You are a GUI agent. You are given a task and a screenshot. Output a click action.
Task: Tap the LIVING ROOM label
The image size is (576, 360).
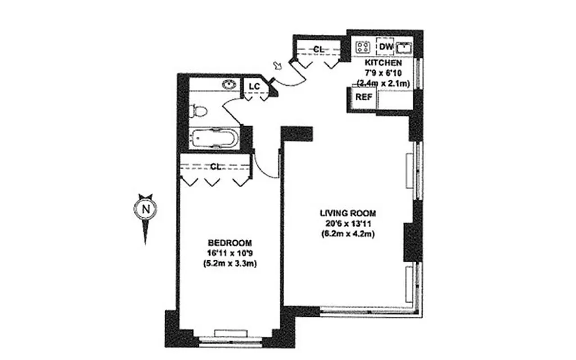tap(347, 213)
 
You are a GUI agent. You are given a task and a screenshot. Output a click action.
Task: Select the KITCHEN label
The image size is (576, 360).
tap(383, 63)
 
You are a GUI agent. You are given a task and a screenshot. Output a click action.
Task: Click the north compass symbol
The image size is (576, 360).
tap(145, 209)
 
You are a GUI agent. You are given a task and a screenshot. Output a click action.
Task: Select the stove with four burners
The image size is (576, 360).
tap(362, 47)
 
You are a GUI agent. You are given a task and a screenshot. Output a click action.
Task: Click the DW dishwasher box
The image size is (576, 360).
tap(386, 46)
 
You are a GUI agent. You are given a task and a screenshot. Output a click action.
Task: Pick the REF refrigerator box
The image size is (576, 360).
tap(363, 97)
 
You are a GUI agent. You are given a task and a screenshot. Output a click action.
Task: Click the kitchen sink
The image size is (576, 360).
tap(404, 46)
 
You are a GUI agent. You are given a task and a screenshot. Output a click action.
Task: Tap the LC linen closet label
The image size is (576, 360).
tap(254, 85)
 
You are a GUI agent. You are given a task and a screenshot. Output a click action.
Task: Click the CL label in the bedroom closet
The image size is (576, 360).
tap(216, 166)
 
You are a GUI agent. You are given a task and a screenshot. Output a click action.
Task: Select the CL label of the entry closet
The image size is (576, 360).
tap(318, 49)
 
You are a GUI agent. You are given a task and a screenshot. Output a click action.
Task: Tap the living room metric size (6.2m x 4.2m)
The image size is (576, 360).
tap(348, 234)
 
